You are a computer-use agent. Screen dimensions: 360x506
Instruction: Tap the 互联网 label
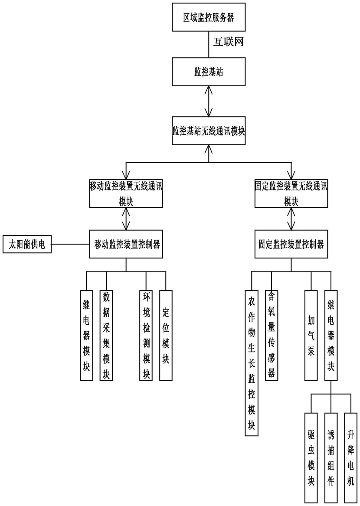click(x=228, y=42)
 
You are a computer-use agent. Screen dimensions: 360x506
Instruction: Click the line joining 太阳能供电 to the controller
click(x=70, y=244)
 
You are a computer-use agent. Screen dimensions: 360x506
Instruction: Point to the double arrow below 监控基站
click(x=209, y=101)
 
